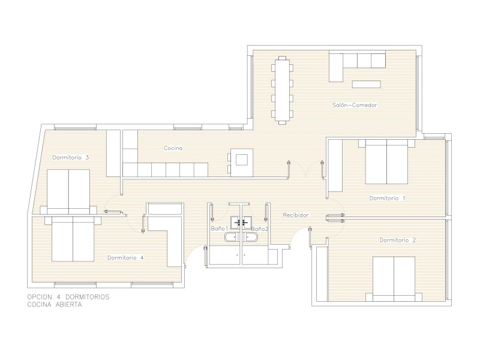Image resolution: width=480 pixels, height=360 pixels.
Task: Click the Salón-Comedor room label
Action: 355,105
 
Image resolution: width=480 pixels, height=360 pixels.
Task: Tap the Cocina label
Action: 173,148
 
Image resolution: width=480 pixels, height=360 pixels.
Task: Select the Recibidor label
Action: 295,215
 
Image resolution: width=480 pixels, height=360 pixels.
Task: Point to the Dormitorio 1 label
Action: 387,198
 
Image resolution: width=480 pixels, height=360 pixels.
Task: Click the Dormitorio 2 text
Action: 398,240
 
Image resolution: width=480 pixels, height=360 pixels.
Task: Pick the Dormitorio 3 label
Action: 71,157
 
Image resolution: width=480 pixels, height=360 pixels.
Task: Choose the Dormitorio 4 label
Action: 125,258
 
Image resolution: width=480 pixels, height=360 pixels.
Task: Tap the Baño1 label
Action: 220,229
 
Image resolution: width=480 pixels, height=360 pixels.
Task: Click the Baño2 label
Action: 260,229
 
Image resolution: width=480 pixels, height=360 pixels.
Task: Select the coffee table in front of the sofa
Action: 367,84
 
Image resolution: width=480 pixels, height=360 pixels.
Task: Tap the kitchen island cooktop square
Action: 242,160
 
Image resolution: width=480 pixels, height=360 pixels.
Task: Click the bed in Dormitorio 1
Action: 386,161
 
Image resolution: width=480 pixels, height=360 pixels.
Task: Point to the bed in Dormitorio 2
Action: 394,279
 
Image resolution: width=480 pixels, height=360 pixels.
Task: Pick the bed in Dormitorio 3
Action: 68,192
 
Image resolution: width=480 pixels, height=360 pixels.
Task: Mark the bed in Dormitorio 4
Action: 73,239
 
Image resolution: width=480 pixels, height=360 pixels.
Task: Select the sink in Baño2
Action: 247,222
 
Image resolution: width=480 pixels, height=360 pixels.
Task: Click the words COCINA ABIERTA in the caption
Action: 55,305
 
